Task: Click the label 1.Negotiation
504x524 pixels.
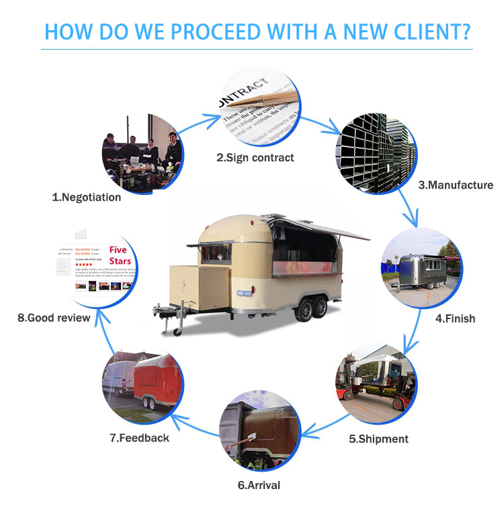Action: coord(87,197)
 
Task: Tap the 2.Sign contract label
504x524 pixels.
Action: coord(255,158)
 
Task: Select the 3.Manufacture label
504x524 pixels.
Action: coord(456,185)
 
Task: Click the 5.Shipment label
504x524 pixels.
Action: coord(378,439)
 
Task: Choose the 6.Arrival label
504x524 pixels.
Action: coord(259,484)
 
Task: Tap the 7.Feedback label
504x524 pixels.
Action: coord(139,438)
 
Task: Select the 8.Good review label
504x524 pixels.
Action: coord(54,317)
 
